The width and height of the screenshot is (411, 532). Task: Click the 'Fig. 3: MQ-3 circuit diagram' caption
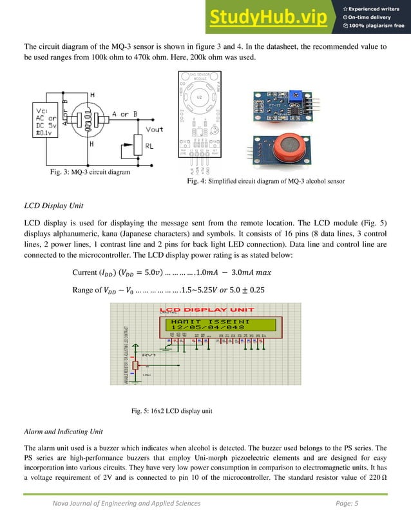coord(90,173)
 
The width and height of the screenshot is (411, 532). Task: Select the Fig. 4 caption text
coord(265,182)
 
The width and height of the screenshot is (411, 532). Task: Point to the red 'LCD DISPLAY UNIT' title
coord(202,309)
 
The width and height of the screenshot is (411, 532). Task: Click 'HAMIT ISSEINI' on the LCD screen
coord(205,321)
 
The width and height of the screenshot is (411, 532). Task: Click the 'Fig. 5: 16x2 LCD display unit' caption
coord(171,411)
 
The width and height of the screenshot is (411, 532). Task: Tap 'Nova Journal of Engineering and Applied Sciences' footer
coord(126,503)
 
